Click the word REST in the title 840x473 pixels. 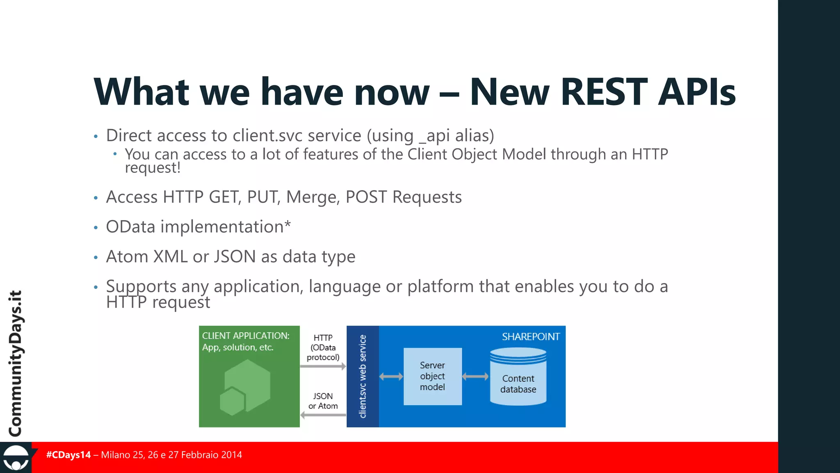604,92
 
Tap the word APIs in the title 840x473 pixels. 697,92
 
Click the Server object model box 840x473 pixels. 432,376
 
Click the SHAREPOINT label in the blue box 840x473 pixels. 530,337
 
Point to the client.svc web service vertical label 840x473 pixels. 363,376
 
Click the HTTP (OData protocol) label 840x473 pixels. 323,347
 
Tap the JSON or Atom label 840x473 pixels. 323,401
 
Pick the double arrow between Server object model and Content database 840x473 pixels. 475,377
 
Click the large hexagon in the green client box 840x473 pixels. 249,382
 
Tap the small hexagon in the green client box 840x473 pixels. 232,401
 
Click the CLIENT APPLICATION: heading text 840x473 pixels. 246,336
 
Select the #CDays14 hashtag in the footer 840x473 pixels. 68,455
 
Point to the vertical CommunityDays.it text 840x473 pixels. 16,363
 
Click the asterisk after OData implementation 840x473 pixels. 288,224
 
